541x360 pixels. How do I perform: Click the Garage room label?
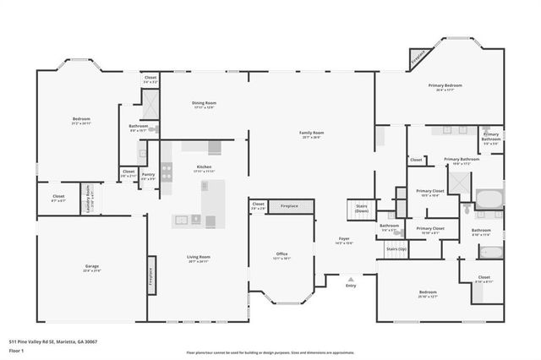91,266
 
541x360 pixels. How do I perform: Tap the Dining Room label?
204,104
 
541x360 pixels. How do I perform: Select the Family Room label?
311,133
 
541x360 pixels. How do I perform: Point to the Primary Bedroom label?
445,85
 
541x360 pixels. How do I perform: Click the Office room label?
282,254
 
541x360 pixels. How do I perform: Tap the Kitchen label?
204,167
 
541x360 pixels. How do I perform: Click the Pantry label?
148,175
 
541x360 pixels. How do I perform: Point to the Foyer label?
345,239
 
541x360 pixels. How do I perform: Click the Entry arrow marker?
351,278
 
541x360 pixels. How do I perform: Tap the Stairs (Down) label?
361,207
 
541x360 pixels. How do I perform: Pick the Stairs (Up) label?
396,249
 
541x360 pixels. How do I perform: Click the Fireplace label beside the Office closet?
289,205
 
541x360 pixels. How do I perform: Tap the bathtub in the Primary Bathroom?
489,199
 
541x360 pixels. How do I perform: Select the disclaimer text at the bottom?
270,352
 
